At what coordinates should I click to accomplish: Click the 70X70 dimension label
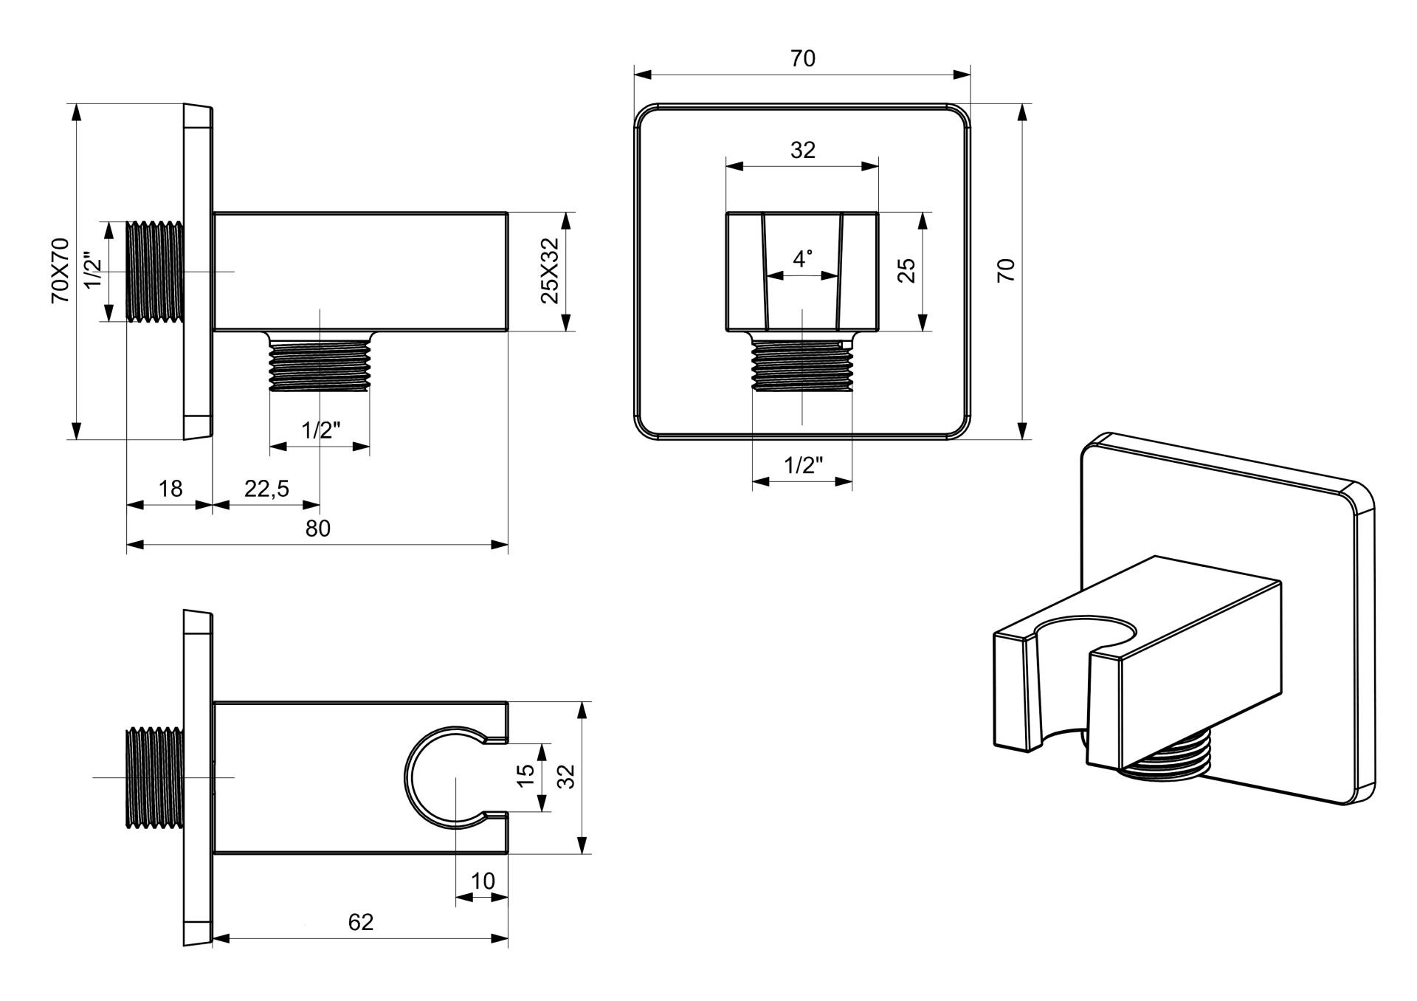[59, 270]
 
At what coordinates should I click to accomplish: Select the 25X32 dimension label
[551, 271]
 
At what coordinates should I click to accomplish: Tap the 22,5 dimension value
[267, 488]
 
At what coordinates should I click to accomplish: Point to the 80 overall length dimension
[318, 528]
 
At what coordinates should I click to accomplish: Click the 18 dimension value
[170, 488]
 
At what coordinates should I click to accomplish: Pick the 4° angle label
[803, 258]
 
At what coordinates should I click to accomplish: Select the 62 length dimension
[361, 922]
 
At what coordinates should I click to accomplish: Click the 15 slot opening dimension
[525, 776]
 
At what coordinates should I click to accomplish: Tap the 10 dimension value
[483, 881]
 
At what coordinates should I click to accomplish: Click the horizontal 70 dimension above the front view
[803, 58]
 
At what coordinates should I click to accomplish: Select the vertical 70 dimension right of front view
[1007, 270]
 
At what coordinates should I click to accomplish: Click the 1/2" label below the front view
[803, 465]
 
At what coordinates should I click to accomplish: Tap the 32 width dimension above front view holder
[803, 150]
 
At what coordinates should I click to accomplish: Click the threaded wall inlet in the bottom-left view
[155, 777]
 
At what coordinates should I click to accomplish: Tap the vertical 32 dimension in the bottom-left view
[566, 776]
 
